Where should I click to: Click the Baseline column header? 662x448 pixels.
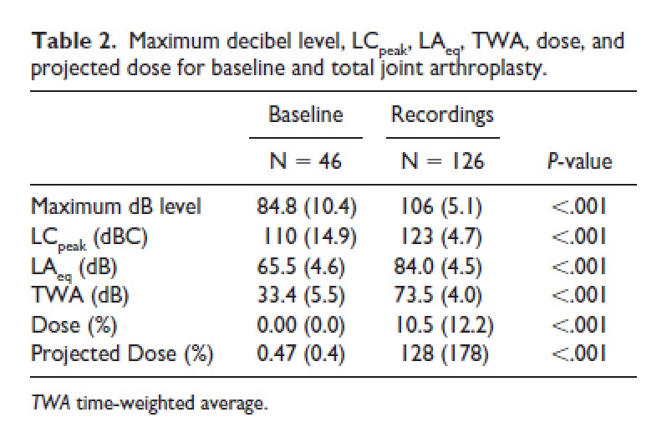tap(306, 114)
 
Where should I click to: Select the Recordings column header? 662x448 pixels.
tap(442, 114)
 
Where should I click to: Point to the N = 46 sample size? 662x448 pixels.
tap(306, 160)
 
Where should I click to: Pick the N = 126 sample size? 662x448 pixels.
tap(442, 160)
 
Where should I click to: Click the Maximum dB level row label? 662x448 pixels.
tap(116, 206)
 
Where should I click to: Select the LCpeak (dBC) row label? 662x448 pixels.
tap(89, 237)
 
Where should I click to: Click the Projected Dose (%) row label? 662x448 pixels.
tap(122, 353)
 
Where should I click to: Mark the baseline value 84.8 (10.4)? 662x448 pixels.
tap(306, 206)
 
